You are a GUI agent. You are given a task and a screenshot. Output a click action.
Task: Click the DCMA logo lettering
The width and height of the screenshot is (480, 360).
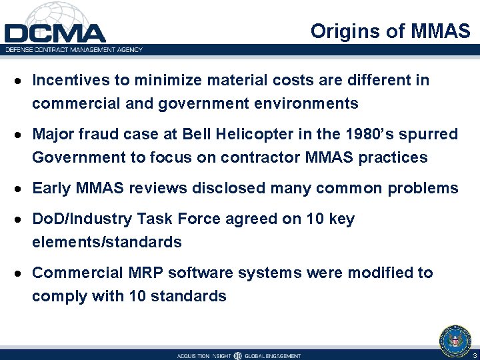55,33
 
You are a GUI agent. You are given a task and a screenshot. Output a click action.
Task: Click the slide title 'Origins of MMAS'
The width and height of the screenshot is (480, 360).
390,31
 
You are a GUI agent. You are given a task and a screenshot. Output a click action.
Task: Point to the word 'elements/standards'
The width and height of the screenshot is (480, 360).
107,242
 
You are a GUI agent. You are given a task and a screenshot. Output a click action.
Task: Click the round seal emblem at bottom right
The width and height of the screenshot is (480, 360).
455,339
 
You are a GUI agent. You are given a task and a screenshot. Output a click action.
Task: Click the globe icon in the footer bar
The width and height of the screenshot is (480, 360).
237,355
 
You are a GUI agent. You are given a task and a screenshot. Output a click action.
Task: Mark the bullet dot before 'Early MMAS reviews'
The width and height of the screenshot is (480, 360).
22,189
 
